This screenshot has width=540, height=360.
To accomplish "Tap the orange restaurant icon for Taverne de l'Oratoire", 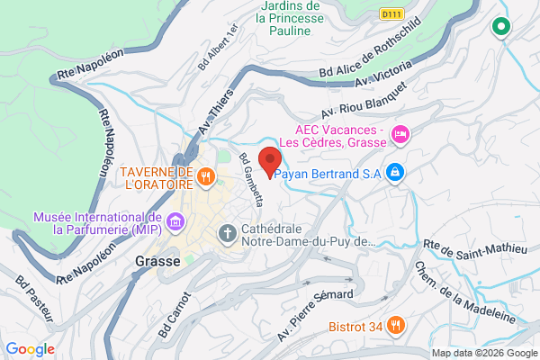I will (x=206, y=176).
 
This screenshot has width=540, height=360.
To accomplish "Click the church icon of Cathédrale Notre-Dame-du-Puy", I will (x=226, y=233).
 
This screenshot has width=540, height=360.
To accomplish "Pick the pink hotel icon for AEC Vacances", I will (x=400, y=134).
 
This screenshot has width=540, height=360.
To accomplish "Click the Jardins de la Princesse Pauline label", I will (x=290, y=19).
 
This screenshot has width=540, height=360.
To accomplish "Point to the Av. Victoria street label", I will (x=389, y=78).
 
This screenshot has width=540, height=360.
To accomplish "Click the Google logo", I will (x=30, y=349).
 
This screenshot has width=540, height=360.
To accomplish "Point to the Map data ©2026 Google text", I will (x=481, y=353).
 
